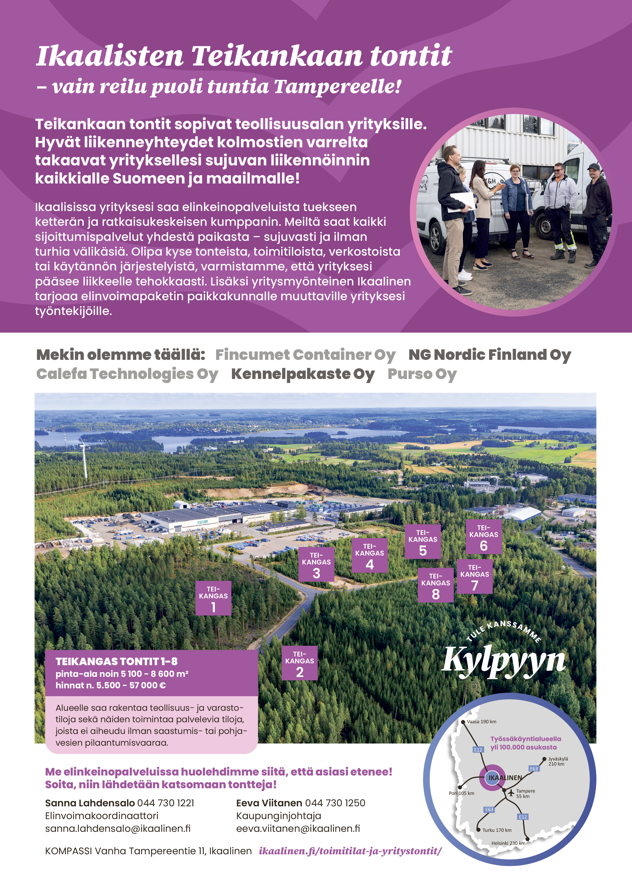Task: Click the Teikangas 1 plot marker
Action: (213, 598)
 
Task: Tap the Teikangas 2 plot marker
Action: (299, 663)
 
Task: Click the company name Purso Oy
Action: (422, 374)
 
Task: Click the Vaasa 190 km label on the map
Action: (481, 721)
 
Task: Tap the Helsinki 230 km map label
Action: (508, 843)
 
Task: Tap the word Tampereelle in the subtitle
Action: (337, 86)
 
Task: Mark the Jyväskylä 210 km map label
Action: (558, 761)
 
